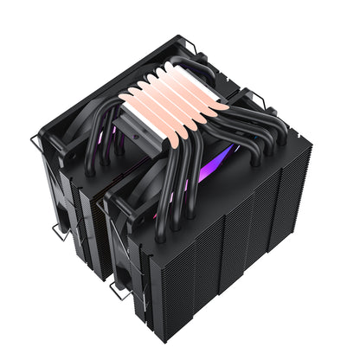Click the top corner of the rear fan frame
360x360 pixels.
(185, 38)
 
